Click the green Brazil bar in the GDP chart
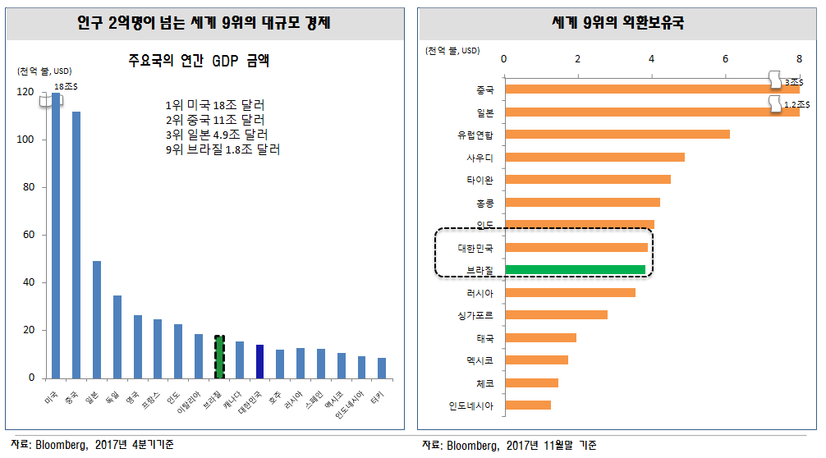pyautogui.click(x=219, y=357)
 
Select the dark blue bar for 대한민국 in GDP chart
pyautogui.click(x=259, y=361)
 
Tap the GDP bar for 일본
pyautogui.click(x=97, y=319)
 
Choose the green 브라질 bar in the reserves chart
pyautogui.click(x=575, y=269)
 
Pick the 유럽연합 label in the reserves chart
pyautogui.click(x=475, y=135)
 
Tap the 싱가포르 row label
pyautogui.click(x=475, y=314)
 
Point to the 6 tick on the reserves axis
pyautogui.click(x=725, y=58)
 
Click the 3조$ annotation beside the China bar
pyautogui.click(x=792, y=82)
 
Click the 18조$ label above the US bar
pyautogui.click(x=67, y=86)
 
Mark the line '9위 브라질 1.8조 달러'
pyautogui.click(x=223, y=149)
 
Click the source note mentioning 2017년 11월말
pyautogui.click(x=510, y=446)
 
